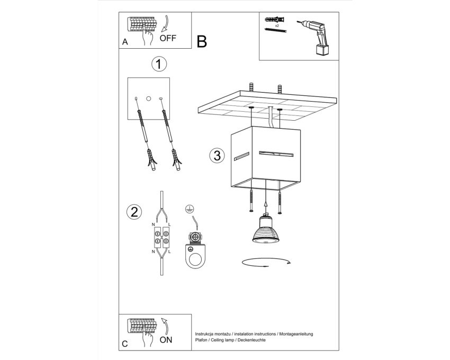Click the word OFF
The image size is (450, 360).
click(168, 38)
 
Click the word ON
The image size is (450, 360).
click(166, 340)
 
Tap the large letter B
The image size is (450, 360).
click(202, 42)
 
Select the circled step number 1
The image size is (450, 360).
click(159, 64)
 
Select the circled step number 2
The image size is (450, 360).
click(134, 212)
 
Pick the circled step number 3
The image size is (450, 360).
click(217, 156)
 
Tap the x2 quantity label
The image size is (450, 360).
click(277, 25)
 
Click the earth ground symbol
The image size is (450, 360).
click(188, 209)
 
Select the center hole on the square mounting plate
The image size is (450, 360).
click(148, 98)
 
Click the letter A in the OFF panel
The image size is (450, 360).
click(125, 42)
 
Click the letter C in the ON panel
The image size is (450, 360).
click(125, 344)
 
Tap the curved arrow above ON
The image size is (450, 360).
click(165, 326)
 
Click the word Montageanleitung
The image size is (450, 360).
click(296, 334)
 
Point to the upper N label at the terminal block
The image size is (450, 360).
click(153, 224)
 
